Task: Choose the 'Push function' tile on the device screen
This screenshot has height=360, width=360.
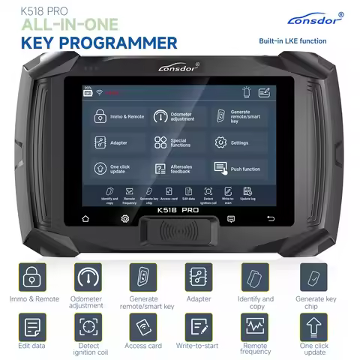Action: pyautogui.click(x=239, y=169)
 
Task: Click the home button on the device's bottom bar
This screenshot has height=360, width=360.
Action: pyautogui.click(x=85, y=218)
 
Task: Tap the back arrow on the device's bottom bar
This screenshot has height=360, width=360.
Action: pyautogui.click(x=271, y=218)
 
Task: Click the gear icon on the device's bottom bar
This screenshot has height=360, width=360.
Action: pyautogui.click(x=125, y=218)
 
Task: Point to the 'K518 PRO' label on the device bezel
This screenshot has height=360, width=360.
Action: pyautogui.click(x=178, y=218)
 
